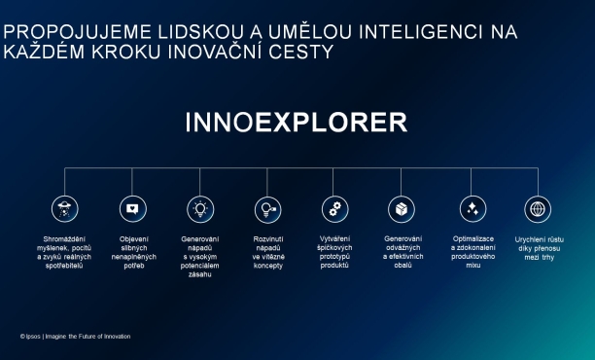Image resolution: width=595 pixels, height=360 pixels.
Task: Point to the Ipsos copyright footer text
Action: pyautogui.click(x=75, y=337)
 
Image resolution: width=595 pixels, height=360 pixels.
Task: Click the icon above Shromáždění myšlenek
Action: pyautogui.click(x=64, y=208)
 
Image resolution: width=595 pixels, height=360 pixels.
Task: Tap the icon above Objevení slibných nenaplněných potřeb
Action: pyautogui.click(x=132, y=208)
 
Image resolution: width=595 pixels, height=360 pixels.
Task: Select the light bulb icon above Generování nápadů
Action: pyautogui.click(x=200, y=208)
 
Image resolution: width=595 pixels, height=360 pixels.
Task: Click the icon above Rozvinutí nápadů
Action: pyautogui.click(x=267, y=208)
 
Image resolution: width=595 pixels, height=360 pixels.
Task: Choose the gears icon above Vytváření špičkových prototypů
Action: pyautogui.click(x=334, y=208)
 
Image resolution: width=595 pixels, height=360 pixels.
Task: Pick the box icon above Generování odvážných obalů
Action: pyautogui.click(x=402, y=208)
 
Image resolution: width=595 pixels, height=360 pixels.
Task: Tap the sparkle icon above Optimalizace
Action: pyautogui.click(x=472, y=208)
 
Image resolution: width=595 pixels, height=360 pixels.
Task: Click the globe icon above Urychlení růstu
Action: pyautogui.click(x=538, y=208)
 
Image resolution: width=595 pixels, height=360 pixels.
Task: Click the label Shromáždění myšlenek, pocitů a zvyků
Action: pyautogui.click(x=64, y=252)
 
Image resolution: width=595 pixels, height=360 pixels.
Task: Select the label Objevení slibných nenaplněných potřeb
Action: pyautogui.click(x=132, y=252)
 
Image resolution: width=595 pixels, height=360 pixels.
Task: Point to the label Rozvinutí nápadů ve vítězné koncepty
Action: pyautogui.click(x=267, y=252)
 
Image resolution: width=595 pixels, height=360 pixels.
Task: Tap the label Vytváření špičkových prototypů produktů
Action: pyautogui.click(x=334, y=252)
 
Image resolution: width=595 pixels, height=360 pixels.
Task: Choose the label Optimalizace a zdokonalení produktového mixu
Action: pyautogui.click(x=472, y=252)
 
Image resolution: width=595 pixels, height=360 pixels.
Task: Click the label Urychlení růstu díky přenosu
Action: pyautogui.click(x=538, y=247)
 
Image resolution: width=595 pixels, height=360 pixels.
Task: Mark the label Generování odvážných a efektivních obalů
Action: pyautogui.click(x=402, y=252)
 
